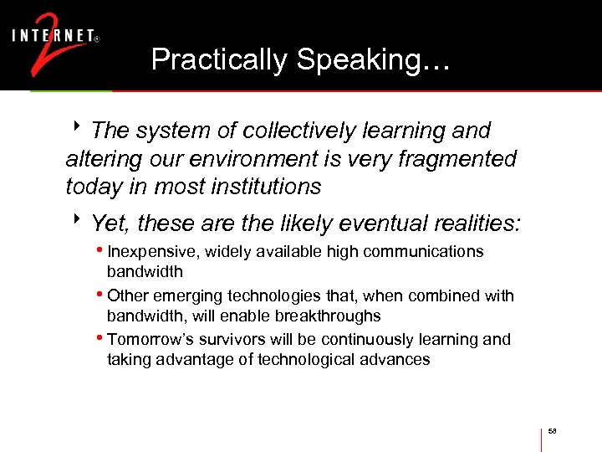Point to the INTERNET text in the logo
52,35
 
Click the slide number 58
553,431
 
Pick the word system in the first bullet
166,131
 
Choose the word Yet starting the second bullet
110,223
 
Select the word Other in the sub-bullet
127,295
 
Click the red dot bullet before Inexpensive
101,251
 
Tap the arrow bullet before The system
76,129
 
